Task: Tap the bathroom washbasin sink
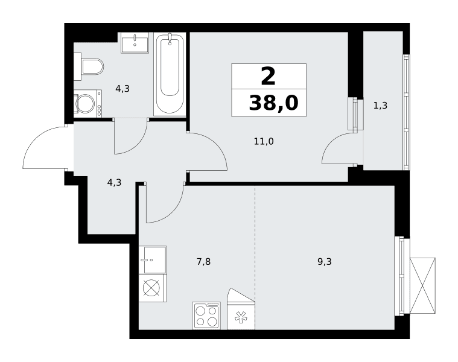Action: pyautogui.click(x=135, y=43)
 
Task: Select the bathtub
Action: pyautogui.click(x=170, y=74)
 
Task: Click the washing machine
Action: pyautogui.click(x=87, y=103)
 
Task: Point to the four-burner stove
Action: pyautogui.click(x=206, y=316)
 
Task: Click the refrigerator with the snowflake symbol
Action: pyautogui.click(x=241, y=310)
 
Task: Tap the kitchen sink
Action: pyautogui.click(x=153, y=260)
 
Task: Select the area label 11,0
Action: pyautogui.click(x=264, y=142)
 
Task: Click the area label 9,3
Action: pyautogui.click(x=325, y=262)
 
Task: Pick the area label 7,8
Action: pyautogui.click(x=203, y=262)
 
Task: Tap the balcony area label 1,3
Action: pyautogui.click(x=380, y=106)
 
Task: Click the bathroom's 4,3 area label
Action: pyautogui.click(x=122, y=89)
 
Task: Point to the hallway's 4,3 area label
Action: pyautogui.click(x=114, y=183)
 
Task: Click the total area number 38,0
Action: pyautogui.click(x=274, y=103)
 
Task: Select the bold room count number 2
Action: pyautogui.click(x=268, y=77)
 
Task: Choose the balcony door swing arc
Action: pyautogui.click(x=331, y=142)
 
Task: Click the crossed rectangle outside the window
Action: pyautogui.click(x=422, y=286)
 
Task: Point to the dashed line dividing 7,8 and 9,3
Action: pyautogui.click(x=255, y=243)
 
